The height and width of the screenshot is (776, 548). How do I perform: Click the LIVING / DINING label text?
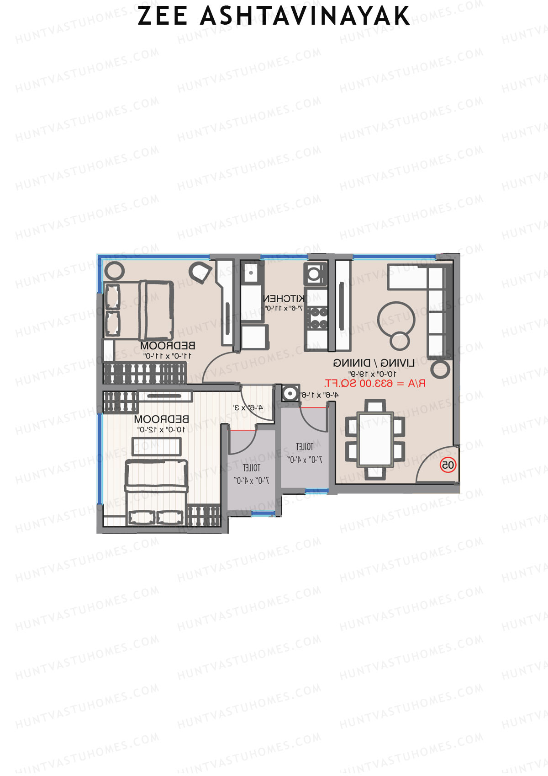point(374,363)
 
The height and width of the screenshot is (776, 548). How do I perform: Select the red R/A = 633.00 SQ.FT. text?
point(374,383)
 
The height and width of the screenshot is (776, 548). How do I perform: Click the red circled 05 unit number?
point(448,465)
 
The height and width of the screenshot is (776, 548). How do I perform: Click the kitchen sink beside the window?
point(250,273)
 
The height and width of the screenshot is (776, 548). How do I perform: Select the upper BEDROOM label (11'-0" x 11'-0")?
point(168,345)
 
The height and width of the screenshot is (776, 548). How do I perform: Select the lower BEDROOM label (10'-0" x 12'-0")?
point(161,419)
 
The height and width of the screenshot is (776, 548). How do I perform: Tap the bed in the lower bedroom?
point(157,492)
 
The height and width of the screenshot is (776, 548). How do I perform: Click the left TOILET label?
point(251,468)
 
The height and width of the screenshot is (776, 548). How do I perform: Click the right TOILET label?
point(305,447)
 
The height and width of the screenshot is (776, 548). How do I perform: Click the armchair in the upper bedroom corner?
point(200,272)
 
